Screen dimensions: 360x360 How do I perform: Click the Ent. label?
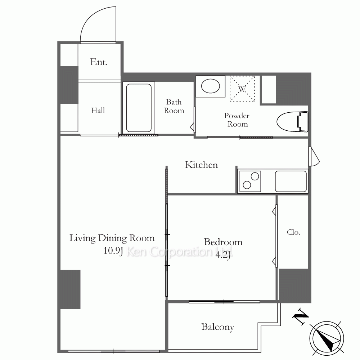pos(99,62)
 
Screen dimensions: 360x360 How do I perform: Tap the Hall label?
pos(98,111)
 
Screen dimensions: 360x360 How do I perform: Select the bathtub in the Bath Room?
pos(139,108)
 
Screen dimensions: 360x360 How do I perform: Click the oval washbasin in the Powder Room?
pos(211,86)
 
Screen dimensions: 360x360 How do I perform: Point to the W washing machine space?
pos(242,89)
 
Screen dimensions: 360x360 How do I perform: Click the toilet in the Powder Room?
pos(292,122)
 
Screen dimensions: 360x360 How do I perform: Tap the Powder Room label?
pos(237,120)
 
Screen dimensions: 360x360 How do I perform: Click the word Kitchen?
pos(201,165)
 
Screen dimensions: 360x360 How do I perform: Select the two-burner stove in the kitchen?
pos(250,181)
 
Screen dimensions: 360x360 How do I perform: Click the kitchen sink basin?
pos(291,181)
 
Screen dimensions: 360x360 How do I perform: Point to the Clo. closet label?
pos(293,232)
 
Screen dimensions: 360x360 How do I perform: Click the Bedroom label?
pos(223,242)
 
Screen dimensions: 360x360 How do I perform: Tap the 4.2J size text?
pos(223,255)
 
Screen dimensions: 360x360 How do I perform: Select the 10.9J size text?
pos(113,251)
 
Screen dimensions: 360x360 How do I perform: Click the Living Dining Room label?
pos(112,238)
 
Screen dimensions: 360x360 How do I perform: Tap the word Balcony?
pos(218,327)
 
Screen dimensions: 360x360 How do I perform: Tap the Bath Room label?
pos(174,106)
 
